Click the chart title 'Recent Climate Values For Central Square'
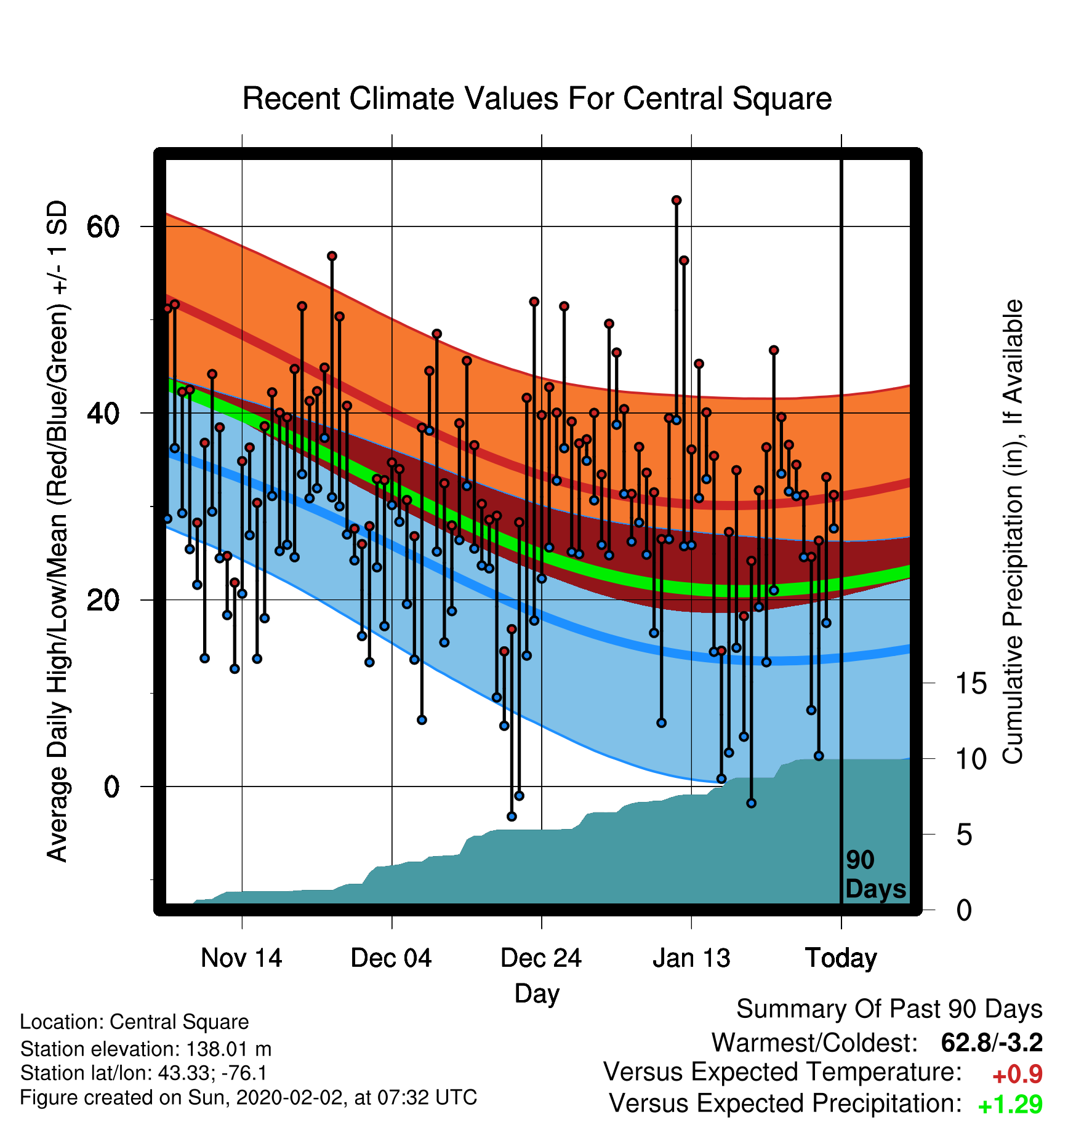point(537,98)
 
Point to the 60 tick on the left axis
point(103,227)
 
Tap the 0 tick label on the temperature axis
point(111,787)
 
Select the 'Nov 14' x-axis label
point(241,958)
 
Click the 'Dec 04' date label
point(391,958)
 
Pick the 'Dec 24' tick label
point(541,958)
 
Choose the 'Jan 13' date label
point(691,958)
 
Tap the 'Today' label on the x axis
point(841,959)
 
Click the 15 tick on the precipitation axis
point(971,683)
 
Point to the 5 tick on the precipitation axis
point(964,835)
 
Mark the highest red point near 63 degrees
point(677,200)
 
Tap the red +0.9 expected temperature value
point(1017,1075)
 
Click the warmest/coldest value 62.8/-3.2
point(992,1043)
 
